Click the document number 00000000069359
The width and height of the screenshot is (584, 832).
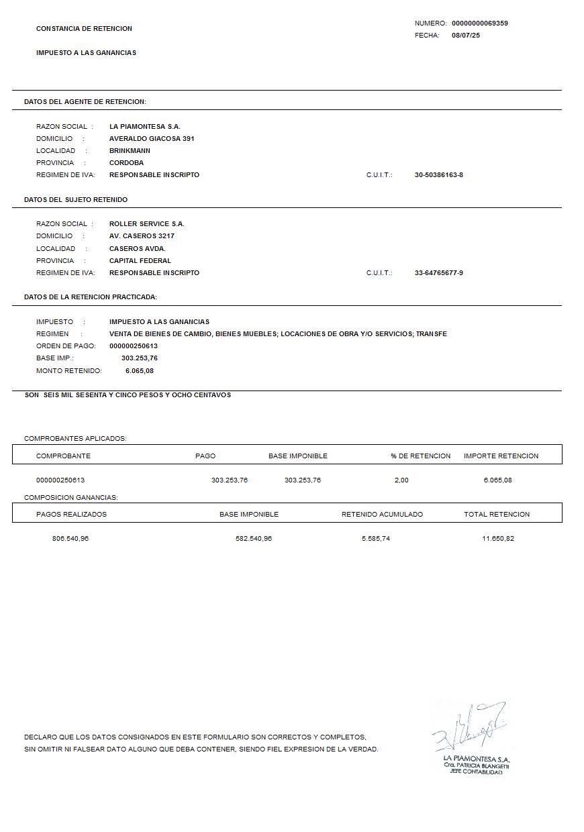(479, 23)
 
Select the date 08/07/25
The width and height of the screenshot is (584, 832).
(466, 36)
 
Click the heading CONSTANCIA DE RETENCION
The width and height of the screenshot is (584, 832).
(84, 29)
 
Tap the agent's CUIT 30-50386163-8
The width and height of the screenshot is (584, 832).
(439, 175)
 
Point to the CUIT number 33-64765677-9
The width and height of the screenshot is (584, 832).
(439, 273)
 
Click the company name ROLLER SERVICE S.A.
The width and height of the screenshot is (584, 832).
(146, 224)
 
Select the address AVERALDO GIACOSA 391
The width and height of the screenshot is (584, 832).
(152, 139)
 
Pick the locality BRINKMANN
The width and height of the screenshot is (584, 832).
(130, 151)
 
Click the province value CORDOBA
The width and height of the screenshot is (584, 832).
(126, 163)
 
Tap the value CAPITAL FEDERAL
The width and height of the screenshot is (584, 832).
(140, 261)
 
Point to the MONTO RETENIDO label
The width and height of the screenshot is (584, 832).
(69, 371)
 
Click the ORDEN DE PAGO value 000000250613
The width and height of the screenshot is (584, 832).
(134, 346)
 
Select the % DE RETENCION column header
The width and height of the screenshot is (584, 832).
(421, 456)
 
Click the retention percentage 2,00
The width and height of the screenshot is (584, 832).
(401, 480)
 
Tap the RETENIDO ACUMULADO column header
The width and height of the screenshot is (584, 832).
(382, 515)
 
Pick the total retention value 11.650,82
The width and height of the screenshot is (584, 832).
(498, 539)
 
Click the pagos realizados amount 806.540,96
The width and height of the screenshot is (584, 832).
(70, 539)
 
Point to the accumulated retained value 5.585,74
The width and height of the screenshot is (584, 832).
(375, 539)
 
